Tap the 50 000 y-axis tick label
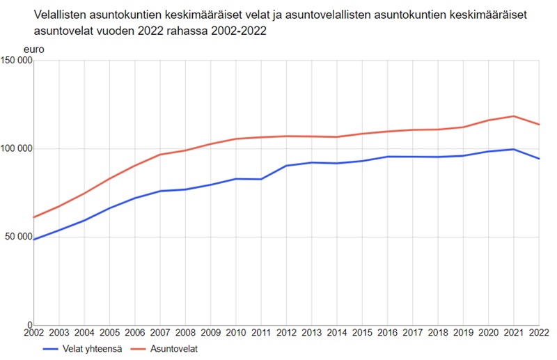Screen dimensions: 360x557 (17, 237)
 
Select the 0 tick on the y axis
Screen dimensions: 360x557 (29, 325)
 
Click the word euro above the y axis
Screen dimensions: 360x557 (33, 49)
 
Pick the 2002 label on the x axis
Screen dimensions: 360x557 (33, 333)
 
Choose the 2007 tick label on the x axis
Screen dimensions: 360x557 (159, 333)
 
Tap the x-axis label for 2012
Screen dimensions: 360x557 (286, 333)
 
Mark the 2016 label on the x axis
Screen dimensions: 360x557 (387, 333)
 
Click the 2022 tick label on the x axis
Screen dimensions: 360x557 (539, 333)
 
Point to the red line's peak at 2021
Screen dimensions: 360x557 (514, 116)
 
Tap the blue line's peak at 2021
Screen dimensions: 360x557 (514, 149)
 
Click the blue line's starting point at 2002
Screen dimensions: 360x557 (33, 240)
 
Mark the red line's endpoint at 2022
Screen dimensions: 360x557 (540, 125)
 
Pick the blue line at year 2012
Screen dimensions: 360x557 (286, 166)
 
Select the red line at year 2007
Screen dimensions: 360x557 (159, 155)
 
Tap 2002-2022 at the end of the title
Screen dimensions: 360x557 (240, 32)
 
